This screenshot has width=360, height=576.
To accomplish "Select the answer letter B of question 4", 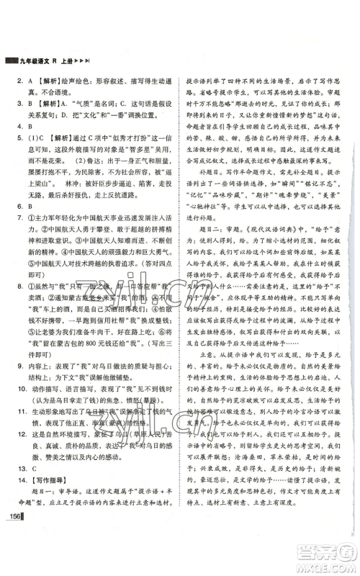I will pos(22,133).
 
